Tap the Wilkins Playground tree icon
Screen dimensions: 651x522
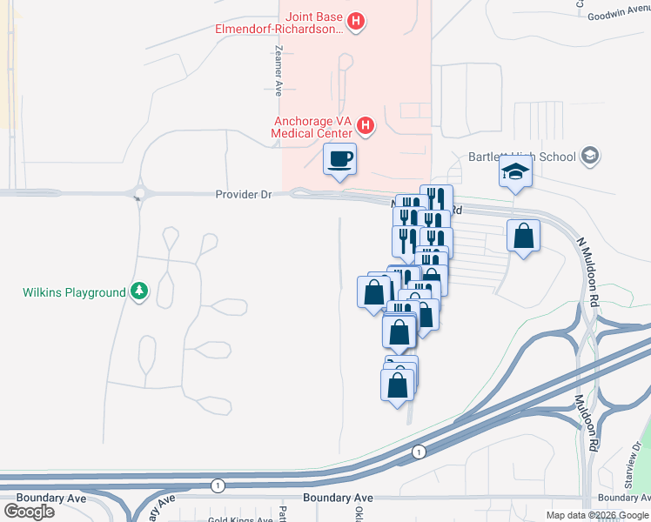pos(138,292)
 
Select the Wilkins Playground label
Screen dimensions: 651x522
pos(74,293)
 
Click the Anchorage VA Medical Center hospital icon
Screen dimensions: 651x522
pos(366,127)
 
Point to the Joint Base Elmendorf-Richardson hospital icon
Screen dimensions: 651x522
pos(355,22)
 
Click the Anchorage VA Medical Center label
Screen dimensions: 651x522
pos(312,127)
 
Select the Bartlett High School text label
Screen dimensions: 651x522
pos(522,157)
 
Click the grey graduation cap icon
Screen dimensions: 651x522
pos(591,157)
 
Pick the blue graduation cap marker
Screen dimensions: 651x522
pos(515,172)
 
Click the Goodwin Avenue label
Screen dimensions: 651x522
pos(619,16)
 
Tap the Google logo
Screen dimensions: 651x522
pos(30,511)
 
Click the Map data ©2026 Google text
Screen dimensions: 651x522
pos(597,515)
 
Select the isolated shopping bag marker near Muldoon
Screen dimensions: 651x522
pos(523,235)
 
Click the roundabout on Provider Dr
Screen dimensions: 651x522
pos(138,192)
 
